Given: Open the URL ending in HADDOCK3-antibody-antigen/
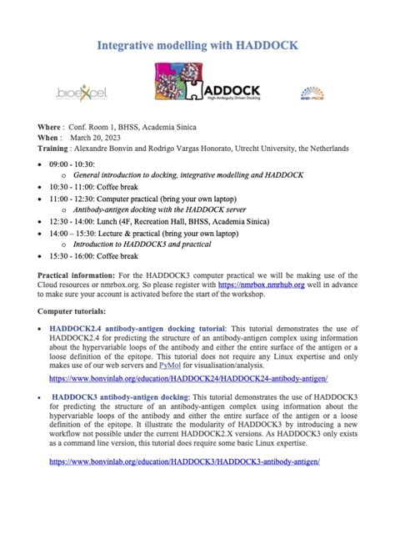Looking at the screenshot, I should tap(184, 461).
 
